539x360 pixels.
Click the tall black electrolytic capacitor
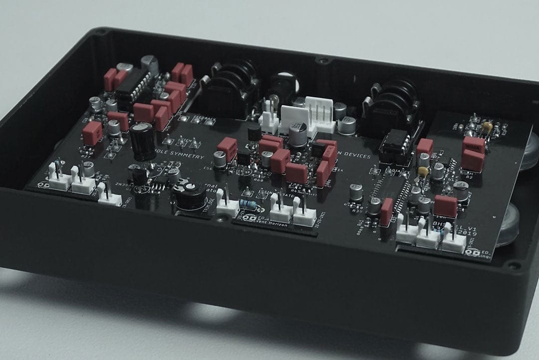pyautogui.click(x=142, y=141)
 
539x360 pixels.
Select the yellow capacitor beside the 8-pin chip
pyautogui.click(x=423, y=172)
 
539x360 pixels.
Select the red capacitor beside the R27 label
pyautogui.click(x=92, y=133)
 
